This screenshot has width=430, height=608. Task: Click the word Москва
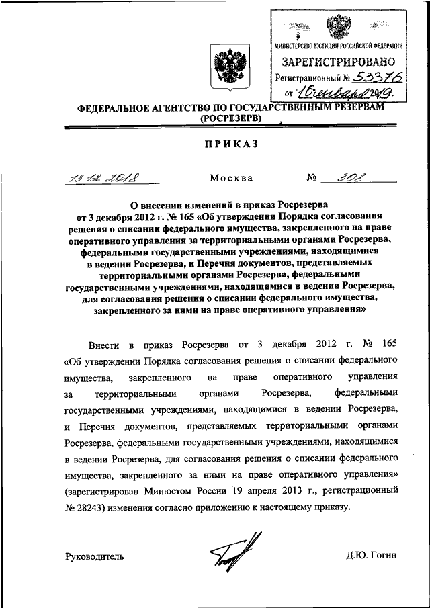(231, 179)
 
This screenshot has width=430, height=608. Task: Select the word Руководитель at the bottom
(95, 556)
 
